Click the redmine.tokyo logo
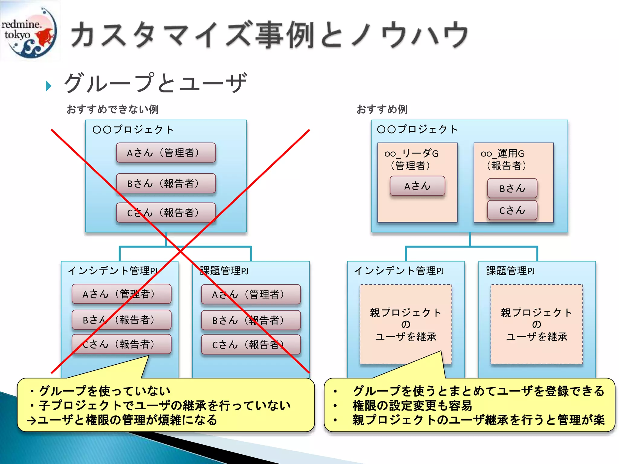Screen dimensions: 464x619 pyautogui.click(x=30, y=30)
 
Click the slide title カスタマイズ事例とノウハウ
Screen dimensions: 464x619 pyautogui.click(x=269, y=35)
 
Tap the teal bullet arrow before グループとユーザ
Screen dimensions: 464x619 pyautogui.click(x=48, y=86)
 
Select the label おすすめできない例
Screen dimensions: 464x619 pyautogui.click(x=112, y=109)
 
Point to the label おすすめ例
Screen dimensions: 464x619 pyautogui.click(x=382, y=109)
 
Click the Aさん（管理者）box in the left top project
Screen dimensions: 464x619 pyautogui.click(x=166, y=153)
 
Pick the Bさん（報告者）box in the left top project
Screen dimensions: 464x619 pyautogui.click(x=166, y=183)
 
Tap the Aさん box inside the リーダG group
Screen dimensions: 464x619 pyautogui.click(x=417, y=186)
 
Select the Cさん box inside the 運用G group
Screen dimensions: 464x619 pyautogui.click(x=512, y=210)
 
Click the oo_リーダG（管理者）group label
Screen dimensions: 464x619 pyautogui.click(x=411, y=159)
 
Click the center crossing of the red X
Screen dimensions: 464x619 pyautogui.click(x=180, y=251)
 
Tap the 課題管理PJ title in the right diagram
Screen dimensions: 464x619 pyautogui.click(x=510, y=271)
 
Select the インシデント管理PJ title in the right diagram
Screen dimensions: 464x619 pyautogui.click(x=399, y=271)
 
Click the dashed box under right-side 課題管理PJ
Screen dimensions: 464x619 pyautogui.click(x=536, y=324)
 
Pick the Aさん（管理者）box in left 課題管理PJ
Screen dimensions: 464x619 pyautogui.click(x=251, y=294)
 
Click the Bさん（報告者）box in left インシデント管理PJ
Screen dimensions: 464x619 pyautogui.click(x=122, y=320)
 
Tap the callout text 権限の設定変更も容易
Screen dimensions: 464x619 pyautogui.click(x=412, y=406)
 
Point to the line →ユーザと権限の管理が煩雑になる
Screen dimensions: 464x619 pyautogui.click(x=122, y=420)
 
